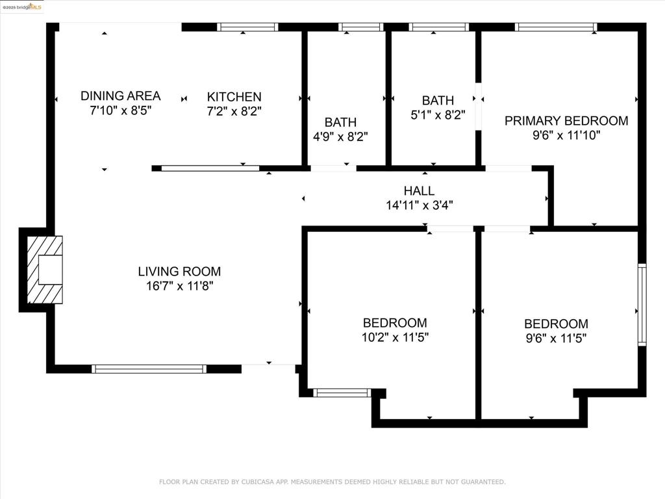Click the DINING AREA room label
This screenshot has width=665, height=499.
tap(120, 96)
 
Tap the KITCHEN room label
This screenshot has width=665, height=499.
tap(234, 97)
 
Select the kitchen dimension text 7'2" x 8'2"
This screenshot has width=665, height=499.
tap(234, 111)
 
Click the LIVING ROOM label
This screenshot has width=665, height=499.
tap(179, 271)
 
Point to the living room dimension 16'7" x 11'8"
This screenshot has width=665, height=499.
tap(179, 286)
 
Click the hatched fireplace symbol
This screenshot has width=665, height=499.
tap(45, 270)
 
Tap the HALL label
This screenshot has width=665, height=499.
tap(419, 190)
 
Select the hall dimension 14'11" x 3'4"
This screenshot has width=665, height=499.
tap(420, 205)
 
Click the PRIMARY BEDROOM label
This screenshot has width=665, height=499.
tap(566, 121)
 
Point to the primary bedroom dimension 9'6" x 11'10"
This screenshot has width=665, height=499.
tap(566, 135)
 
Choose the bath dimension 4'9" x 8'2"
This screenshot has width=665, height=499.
tap(340, 136)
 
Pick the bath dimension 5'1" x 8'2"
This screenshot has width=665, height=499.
tap(438, 115)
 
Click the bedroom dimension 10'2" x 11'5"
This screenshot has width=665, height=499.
tap(395, 337)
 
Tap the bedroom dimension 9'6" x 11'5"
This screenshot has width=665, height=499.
tap(556, 338)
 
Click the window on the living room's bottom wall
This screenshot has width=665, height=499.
tap(149, 369)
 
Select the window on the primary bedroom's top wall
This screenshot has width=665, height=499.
tap(556, 27)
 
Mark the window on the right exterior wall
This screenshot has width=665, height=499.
tap(642, 305)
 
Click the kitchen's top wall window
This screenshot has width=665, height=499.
tap(247, 27)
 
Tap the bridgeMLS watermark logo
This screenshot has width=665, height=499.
tap(22, 6)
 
